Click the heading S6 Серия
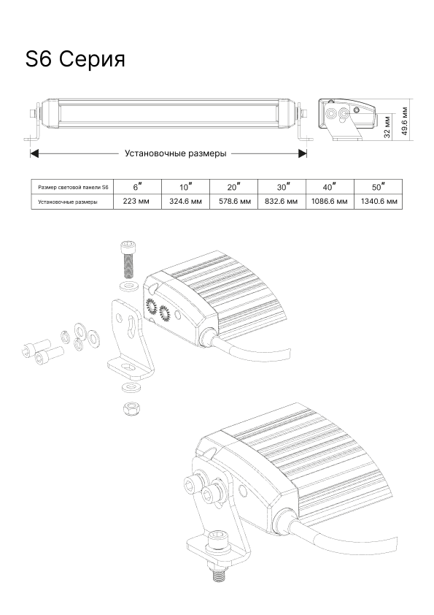75,59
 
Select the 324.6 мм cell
186,202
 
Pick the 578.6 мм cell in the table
234,202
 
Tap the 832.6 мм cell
282,202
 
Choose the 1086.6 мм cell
330,202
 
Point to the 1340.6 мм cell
379,202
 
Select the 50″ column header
379,187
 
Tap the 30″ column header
282,187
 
